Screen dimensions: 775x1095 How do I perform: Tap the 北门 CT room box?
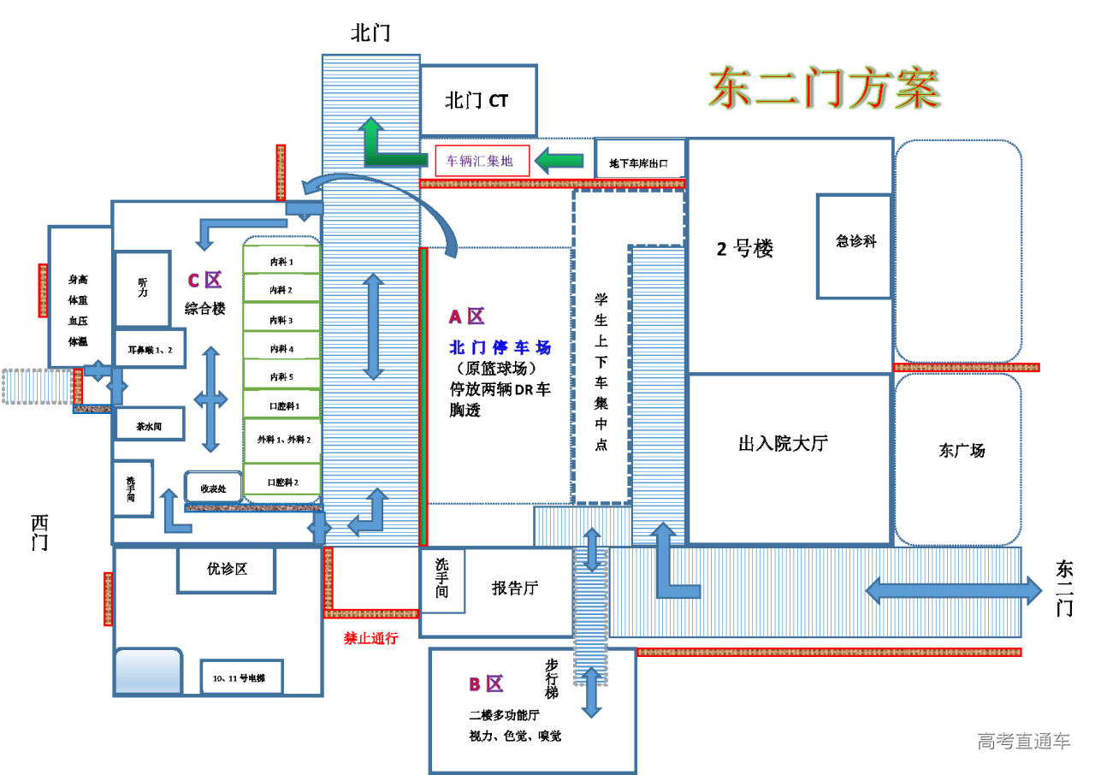477,100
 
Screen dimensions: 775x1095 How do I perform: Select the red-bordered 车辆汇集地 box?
482,160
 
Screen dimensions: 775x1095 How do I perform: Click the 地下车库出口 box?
640,162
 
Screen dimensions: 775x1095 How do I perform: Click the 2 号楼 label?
745,250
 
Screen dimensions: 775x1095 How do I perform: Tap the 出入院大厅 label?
783,444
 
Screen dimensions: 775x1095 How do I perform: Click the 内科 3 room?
281,320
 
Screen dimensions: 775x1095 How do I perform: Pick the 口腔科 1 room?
281,405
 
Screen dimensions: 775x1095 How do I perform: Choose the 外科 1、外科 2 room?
281,440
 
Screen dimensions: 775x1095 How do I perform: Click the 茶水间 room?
149,424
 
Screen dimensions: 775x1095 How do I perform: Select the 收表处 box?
213,488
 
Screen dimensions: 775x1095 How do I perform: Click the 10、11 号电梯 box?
240,678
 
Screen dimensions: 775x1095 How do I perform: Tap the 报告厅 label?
515,589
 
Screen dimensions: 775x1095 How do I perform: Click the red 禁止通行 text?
370,637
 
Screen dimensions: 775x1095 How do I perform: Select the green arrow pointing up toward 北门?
373,141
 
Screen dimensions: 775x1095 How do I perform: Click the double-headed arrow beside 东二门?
954,589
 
